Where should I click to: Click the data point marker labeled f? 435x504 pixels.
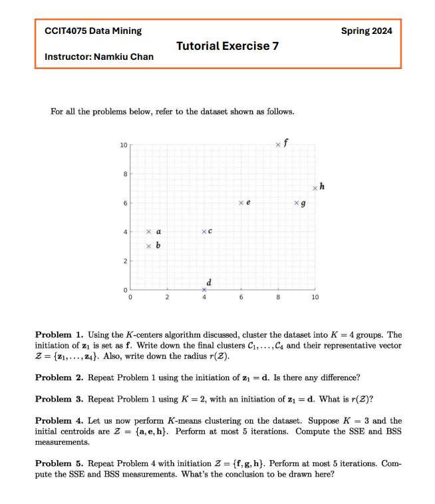coord(278,144)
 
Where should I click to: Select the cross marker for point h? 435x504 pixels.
coord(315,188)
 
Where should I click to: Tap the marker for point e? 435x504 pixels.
coord(241,202)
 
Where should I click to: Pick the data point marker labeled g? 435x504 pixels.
coord(297,202)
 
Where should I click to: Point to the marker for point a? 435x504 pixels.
coord(149,232)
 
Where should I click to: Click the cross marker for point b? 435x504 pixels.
coord(149,247)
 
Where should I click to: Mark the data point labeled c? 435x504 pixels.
coord(204,231)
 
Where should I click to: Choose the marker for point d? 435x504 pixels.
coord(204,290)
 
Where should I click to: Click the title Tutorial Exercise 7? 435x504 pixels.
coord(227,46)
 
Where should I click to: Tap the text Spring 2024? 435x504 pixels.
coord(366,31)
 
